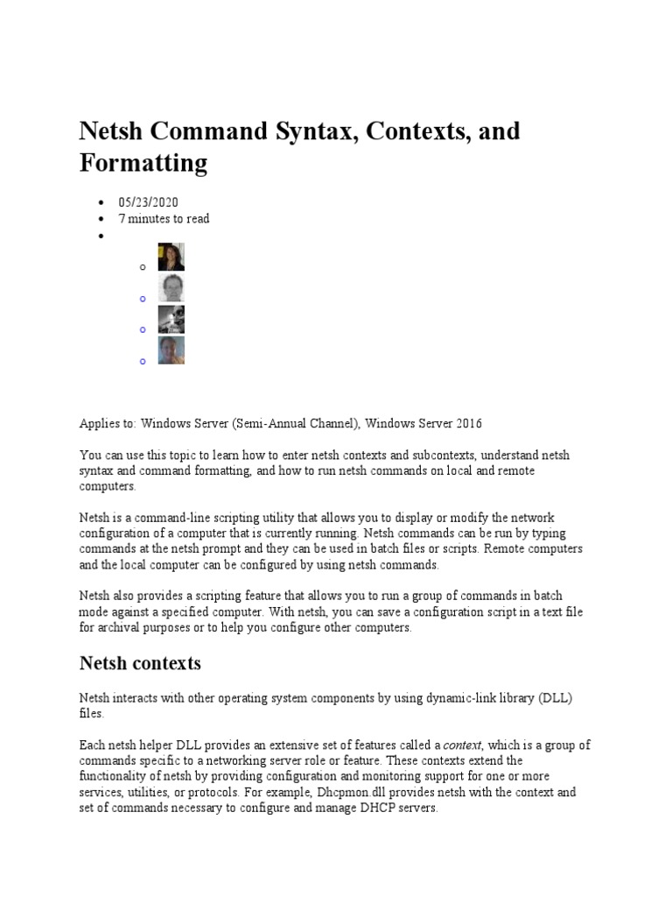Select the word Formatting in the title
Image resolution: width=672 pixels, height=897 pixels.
point(143,164)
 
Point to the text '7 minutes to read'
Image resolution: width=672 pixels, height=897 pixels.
point(164,219)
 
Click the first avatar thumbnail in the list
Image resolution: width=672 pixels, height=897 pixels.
point(171,258)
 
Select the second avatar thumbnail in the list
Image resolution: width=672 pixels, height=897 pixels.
point(171,288)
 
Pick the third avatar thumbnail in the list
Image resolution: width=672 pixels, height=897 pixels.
point(171,320)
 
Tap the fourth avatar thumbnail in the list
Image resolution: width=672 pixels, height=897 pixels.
point(171,350)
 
